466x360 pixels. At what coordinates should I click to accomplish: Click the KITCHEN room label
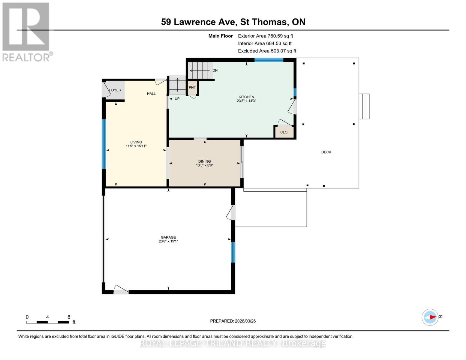click(x=246, y=97)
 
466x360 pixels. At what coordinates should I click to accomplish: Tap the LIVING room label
click(x=136, y=142)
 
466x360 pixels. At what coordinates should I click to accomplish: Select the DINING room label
click(x=204, y=161)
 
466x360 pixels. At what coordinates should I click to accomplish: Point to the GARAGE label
click(x=168, y=237)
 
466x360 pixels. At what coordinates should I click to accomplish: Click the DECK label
click(x=326, y=152)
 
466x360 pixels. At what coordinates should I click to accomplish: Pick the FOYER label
click(x=115, y=90)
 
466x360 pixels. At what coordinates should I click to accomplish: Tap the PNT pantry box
click(x=192, y=88)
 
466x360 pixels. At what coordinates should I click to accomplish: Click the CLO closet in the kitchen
click(x=284, y=132)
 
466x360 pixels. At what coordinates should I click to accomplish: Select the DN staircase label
click(x=215, y=70)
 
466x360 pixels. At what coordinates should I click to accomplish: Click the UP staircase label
click(x=177, y=99)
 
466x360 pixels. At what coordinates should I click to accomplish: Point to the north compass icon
click(x=430, y=317)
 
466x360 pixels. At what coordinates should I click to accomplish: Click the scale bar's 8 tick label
click(x=69, y=317)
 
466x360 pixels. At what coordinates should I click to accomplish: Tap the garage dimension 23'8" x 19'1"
click(x=168, y=241)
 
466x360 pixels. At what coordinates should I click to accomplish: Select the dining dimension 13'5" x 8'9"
click(x=204, y=165)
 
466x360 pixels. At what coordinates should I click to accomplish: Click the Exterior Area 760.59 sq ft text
click(x=265, y=36)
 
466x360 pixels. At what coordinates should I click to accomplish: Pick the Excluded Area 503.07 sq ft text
click(x=267, y=51)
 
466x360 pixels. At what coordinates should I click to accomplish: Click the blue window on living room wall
click(x=104, y=144)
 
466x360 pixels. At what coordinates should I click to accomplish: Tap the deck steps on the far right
click(x=364, y=106)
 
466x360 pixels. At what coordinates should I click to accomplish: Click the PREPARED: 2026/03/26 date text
click(x=233, y=321)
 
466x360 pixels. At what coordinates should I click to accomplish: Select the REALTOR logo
click(x=26, y=32)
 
